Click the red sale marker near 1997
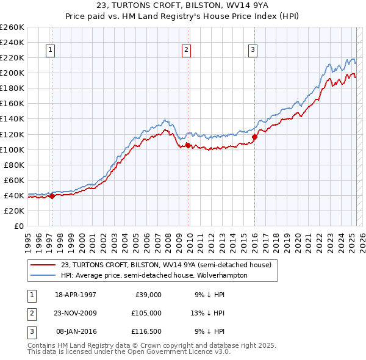52,196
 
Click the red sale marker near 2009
188,145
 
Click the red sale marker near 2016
254,137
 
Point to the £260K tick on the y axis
12,27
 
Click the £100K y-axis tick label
12,149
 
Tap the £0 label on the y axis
18,226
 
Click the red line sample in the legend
43,264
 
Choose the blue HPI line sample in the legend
43,275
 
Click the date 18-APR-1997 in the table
76,295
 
